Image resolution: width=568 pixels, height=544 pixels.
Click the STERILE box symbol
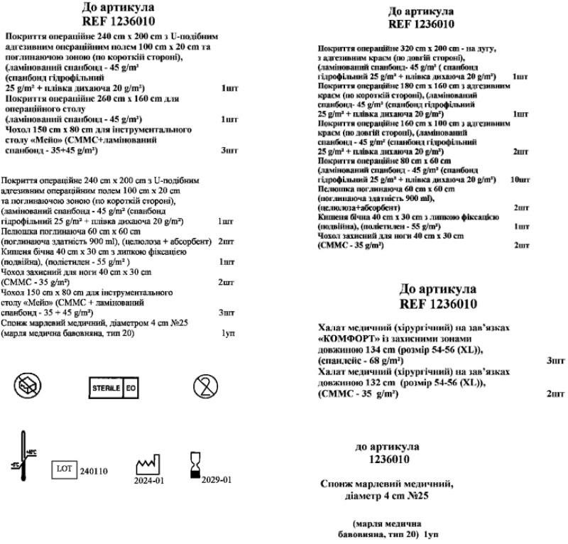pos(105,388)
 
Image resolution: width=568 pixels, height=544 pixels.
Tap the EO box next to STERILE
pos(131,388)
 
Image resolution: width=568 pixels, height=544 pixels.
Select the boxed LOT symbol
pos(65,469)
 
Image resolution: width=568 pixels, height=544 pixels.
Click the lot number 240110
pos(94,471)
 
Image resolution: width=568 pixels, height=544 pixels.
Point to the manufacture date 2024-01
pos(148,480)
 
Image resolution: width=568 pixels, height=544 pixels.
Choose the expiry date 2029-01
pos(217,480)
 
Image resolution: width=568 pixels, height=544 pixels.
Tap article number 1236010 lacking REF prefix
pos(387,459)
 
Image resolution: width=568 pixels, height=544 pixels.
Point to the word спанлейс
pos(342,361)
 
